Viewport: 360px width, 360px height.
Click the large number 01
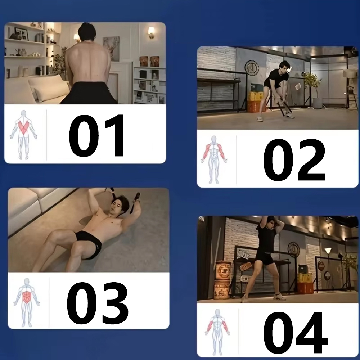[96, 135]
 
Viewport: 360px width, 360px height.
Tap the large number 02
[294, 160]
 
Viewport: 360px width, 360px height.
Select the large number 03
[97, 303]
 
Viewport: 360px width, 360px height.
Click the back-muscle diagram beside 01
[23, 135]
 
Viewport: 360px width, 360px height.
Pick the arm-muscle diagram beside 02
[214, 159]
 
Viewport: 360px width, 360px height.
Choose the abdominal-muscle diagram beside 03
[27, 302]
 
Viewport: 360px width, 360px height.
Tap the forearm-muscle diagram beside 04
[217, 332]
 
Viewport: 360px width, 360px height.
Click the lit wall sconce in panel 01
[151, 32]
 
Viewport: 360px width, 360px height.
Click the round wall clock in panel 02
[252, 68]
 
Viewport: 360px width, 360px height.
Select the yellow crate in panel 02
[255, 96]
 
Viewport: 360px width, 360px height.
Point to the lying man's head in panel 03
[120, 203]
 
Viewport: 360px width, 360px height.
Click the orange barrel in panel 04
[222, 280]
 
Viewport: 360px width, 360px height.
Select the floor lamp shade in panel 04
[328, 251]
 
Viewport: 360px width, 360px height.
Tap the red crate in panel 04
[305, 287]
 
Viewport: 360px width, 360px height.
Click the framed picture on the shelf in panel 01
[22, 34]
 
